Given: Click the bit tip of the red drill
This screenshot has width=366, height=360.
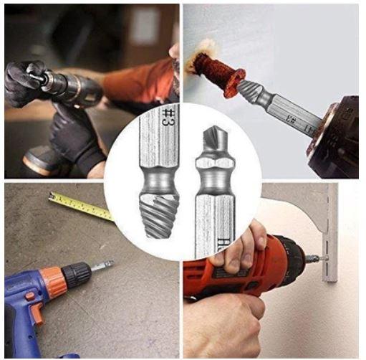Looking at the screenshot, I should (319, 257).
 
